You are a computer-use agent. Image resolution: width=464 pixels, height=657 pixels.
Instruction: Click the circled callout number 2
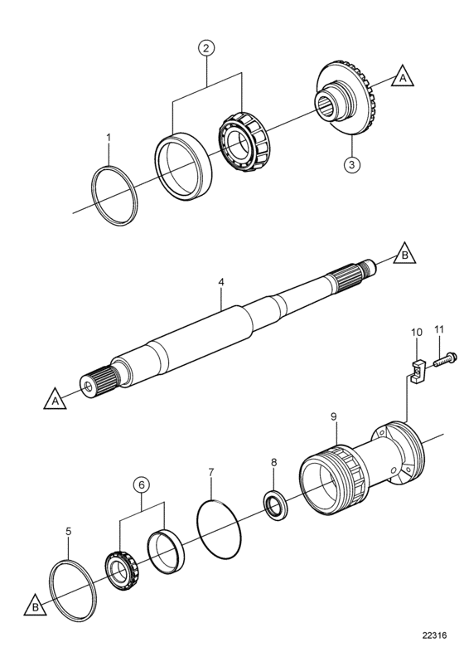[x=205, y=48]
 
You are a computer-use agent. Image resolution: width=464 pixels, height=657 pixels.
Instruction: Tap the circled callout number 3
[x=351, y=164]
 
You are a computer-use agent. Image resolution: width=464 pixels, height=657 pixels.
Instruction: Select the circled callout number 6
[x=142, y=484]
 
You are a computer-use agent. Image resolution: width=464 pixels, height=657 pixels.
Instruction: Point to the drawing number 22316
[x=435, y=635]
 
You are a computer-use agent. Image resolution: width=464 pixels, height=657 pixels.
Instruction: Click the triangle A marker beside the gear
[x=403, y=77]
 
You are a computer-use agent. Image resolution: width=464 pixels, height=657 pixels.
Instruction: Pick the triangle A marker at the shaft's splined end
[x=55, y=400]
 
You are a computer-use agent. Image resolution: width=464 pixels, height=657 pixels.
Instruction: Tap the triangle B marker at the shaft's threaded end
[x=404, y=255]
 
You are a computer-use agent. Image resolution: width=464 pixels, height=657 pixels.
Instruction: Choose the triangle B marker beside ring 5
[x=35, y=606]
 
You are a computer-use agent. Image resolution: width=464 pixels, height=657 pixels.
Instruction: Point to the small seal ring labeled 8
[x=275, y=504]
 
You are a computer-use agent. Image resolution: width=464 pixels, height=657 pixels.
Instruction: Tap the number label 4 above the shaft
[x=221, y=282]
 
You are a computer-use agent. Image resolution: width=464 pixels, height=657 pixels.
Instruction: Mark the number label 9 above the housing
[x=333, y=416]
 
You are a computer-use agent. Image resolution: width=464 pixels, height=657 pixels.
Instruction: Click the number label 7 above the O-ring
[x=211, y=472]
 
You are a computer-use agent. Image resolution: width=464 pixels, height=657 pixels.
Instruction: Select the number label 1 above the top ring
[x=109, y=138]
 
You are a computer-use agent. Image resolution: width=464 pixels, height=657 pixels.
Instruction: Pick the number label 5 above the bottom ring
[x=69, y=531]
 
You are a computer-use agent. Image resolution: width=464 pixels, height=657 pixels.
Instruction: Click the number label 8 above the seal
[x=273, y=462]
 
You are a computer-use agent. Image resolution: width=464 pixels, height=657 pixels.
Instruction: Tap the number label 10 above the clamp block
[x=417, y=333]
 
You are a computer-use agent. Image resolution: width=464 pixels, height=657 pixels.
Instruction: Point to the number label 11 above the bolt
[x=439, y=329]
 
